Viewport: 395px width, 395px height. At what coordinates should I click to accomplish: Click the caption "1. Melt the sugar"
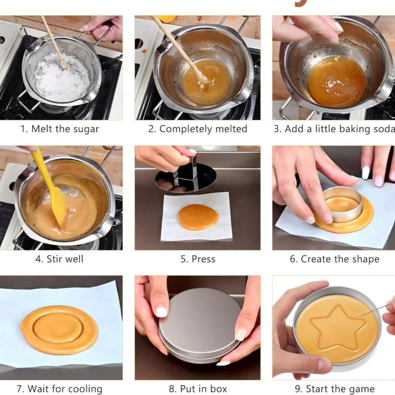point(60,129)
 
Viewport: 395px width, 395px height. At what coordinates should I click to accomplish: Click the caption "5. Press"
point(197,259)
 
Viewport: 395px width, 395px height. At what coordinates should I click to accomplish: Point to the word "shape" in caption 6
point(365,259)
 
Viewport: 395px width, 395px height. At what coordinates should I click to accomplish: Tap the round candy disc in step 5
point(197,217)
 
